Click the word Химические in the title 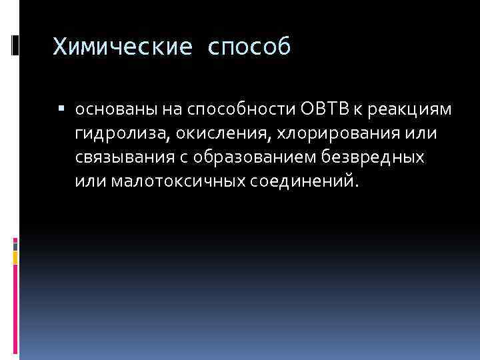[x=123, y=47]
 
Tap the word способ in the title [x=249, y=47]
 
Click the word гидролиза [x=125, y=134]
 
